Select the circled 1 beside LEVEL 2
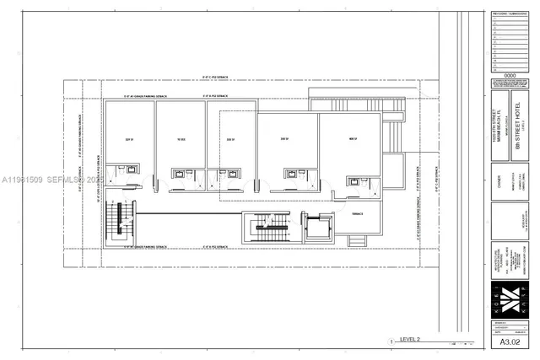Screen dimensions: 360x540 (391, 341)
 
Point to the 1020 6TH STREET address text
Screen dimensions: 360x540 (498, 126)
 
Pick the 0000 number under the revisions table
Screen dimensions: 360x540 (510, 75)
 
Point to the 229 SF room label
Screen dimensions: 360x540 (129, 139)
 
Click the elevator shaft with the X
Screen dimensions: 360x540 (317, 228)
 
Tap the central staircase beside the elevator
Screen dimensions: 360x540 (273, 228)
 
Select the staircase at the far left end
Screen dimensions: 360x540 (119, 221)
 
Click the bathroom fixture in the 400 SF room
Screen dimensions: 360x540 (354, 181)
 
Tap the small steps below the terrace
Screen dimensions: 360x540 (357, 241)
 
